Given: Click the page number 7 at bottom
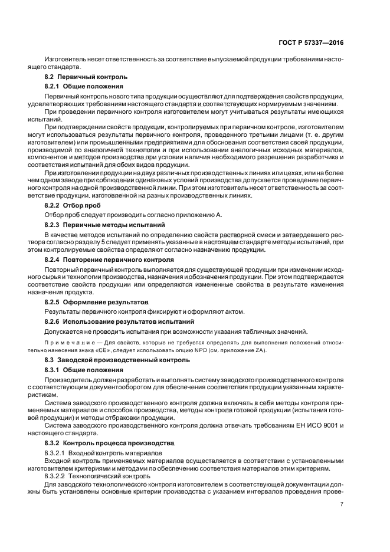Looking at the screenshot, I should tap(342, 504).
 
